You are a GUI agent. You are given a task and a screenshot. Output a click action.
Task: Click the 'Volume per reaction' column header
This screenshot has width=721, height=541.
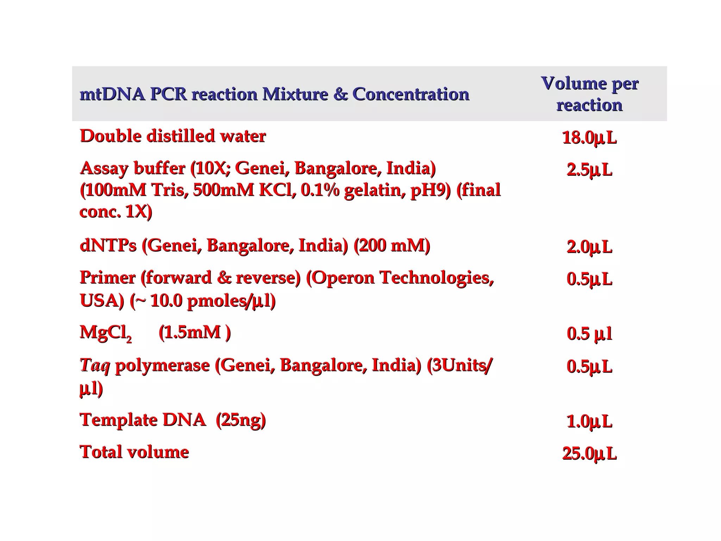coord(589,94)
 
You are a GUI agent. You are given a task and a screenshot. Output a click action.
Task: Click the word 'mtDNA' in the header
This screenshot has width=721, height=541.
coord(112,94)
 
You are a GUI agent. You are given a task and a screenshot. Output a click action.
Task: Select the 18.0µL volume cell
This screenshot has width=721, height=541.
coord(589,138)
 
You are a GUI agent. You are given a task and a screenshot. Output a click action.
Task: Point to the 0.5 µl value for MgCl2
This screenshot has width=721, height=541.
coord(589,334)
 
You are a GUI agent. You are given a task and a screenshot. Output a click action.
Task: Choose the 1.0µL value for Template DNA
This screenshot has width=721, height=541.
coord(589,421)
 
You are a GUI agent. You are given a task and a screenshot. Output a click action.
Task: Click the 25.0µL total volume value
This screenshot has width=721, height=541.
coord(589,454)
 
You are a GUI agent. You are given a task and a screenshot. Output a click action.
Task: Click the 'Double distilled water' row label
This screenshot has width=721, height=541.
coord(173,136)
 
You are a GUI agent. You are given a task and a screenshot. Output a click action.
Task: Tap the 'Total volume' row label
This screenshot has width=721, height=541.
coord(134,452)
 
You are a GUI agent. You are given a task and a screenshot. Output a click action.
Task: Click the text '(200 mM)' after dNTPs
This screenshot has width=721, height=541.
coord(391,245)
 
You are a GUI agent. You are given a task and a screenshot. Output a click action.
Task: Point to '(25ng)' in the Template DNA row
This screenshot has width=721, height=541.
coord(240,420)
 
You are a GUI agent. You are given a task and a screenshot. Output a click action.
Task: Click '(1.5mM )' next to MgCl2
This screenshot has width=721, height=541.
coord(194,332)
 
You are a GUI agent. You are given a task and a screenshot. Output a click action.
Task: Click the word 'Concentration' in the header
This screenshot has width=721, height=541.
coord(410,94)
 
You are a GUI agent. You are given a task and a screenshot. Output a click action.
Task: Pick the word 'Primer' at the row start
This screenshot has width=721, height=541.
coord(107,278)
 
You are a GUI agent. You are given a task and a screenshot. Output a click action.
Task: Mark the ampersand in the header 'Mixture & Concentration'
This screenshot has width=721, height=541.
coord(340,94)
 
